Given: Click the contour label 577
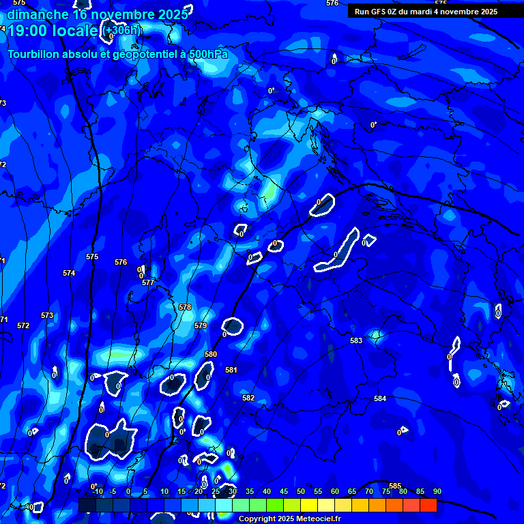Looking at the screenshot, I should point(148,282).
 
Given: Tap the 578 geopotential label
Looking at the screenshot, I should point(185,308).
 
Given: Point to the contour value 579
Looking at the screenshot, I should point(201,326).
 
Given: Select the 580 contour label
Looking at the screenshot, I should point(211,354).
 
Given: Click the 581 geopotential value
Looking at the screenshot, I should point(231,370).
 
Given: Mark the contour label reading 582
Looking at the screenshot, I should point(248,398).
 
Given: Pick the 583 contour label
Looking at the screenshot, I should point(356,340).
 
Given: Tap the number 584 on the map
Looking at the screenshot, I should point(380,398).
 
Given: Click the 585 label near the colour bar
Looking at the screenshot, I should point(395,486).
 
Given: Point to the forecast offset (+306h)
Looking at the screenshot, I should point(123,30).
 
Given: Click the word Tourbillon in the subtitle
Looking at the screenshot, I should point(33,54).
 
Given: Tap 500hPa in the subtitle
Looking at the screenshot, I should point(207,54).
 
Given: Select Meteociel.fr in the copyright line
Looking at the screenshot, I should point(318,519).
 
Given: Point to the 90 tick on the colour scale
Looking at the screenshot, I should point(437,491).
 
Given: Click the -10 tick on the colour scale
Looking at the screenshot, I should point(98,491).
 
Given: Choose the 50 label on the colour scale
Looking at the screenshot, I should point(301,491).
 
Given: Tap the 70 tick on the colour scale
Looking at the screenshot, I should point(369,491).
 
